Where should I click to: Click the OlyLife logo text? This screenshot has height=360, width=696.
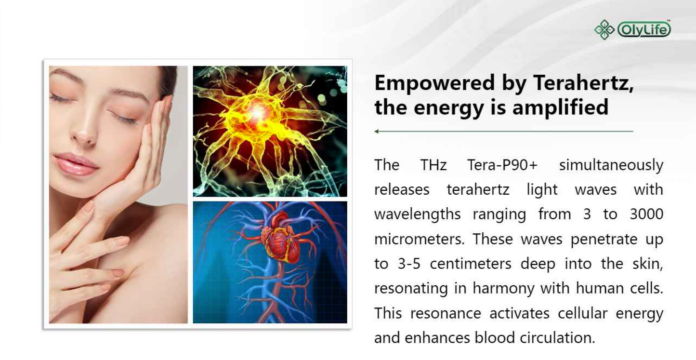click(x=644, y=30)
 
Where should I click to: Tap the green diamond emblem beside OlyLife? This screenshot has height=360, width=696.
click(x=604, y=30)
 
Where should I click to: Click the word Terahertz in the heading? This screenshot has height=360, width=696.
click(x=583, y=83)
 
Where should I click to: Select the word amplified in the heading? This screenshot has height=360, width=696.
click(x=560, y=107)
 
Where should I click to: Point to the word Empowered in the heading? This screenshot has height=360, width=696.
click(x=434, y=83)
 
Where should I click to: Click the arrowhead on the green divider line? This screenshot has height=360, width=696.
click(x=377, y=131)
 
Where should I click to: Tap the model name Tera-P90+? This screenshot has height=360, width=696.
click(x=502, y=165)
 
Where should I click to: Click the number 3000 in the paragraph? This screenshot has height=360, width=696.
click(x=646, y=214)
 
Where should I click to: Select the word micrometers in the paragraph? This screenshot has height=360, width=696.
click(x=419, y=239)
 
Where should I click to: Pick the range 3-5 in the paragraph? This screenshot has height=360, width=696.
click(x=409, y=264)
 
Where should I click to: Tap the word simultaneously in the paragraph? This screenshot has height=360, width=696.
click(x=611, y=165)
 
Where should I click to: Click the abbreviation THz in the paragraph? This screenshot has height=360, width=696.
click(x=433, y=165)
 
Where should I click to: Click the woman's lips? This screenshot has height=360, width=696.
click(x=76, y=164)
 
